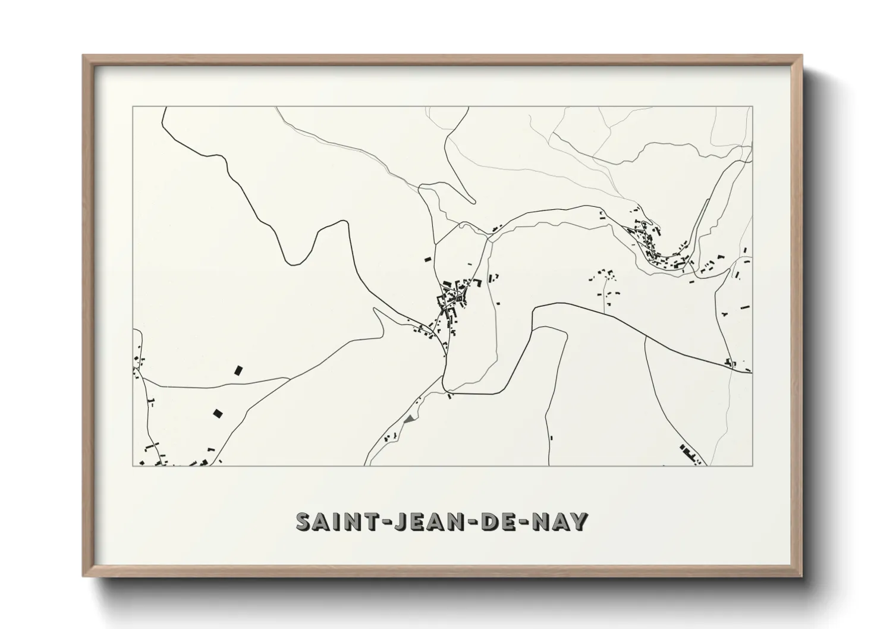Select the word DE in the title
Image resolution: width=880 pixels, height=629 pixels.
(x=494, y=521)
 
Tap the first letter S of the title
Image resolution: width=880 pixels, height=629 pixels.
(x=304, y=521)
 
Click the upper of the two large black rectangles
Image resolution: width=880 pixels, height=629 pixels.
(x=239, y=370)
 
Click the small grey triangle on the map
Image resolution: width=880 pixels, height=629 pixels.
(x=408, y=419)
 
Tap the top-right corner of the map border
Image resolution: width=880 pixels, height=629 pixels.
(x=752, y=107)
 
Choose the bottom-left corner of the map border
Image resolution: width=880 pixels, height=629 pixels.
(x=132, y=466)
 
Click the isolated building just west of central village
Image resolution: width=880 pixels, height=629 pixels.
(x=426, y=259)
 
